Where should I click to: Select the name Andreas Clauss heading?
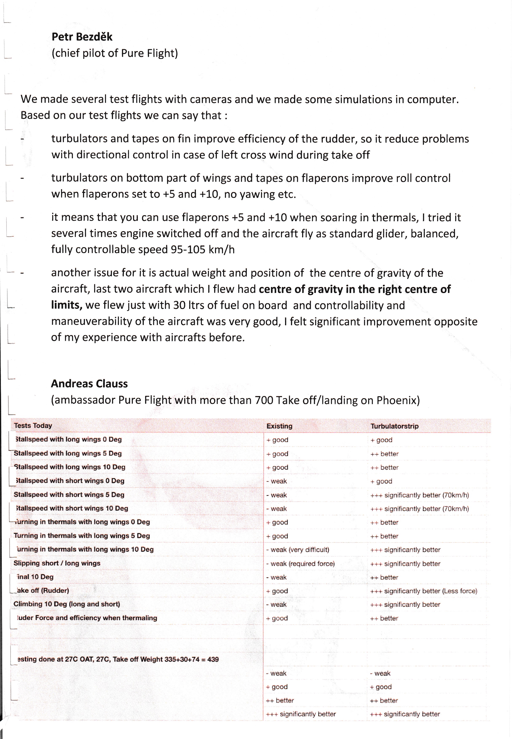click(89, 383)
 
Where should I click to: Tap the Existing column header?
click(279, 426)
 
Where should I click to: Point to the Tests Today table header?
click(33, 426)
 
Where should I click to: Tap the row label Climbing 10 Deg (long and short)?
click(67, 604)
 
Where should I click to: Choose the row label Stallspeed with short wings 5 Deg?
click(69, 495)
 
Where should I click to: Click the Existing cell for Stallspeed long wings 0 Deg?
click(277, 440)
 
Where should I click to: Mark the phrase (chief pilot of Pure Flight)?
click(114, 53)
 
